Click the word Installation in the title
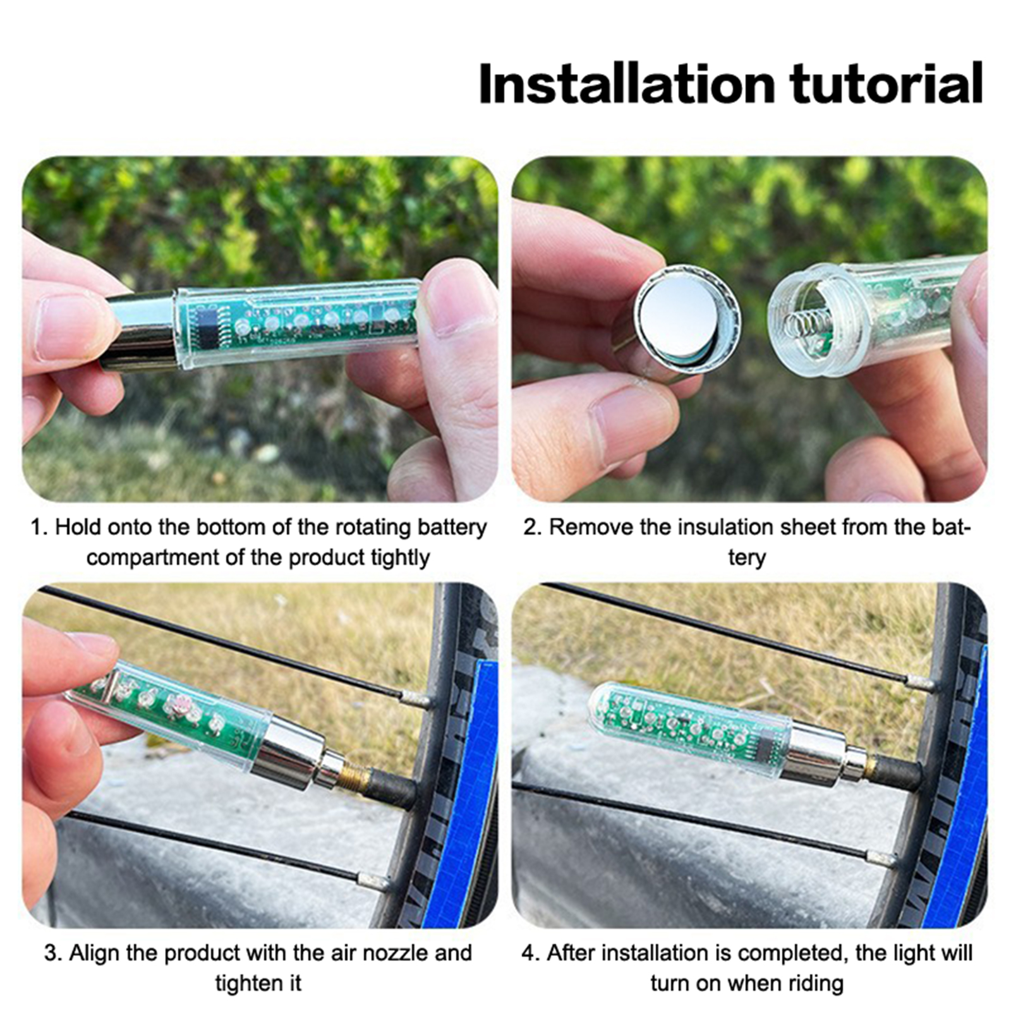[x=627, y=83]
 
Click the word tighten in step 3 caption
[x=258, y=983]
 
